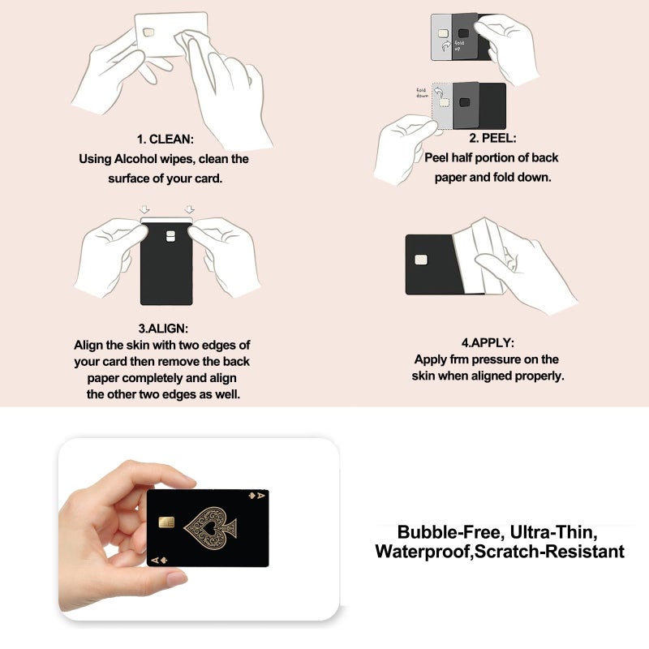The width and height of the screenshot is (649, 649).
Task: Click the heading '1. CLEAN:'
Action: (x=165, y=139)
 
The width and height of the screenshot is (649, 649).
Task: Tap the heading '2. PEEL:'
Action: (x=492, y=138)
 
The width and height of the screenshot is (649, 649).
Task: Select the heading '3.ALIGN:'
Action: (x=163, y=329)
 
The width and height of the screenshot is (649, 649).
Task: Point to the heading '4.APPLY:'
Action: (x=488, y=342)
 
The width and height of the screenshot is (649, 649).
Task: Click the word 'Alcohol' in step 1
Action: (x=135, y=159)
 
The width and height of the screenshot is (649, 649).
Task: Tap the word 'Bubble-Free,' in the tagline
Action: (x=451, y=532)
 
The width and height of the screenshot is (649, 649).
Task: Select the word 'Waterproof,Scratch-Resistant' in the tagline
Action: (x=500, y=552)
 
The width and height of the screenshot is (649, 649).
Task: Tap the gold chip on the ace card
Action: (x=166, y=522)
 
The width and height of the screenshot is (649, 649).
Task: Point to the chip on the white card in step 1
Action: (x=148, y=32)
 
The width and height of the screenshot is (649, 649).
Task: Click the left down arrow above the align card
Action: (x=144, y=208)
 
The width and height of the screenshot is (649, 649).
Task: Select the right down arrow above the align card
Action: (x=190, y=208)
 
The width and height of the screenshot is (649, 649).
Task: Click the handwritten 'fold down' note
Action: (x=422, y=92)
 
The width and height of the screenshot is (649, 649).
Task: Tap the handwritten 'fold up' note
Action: (x=458, y=45)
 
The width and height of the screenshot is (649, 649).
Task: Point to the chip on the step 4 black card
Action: (x=421, y=260)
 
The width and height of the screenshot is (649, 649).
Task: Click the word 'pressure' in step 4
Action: (x=496, y=359)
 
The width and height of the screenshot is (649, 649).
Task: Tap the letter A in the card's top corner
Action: (x=260, y=495)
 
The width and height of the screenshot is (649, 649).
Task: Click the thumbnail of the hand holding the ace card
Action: (x=199, y=529)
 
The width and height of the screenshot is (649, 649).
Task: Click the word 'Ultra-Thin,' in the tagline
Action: (x=554, y=532)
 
